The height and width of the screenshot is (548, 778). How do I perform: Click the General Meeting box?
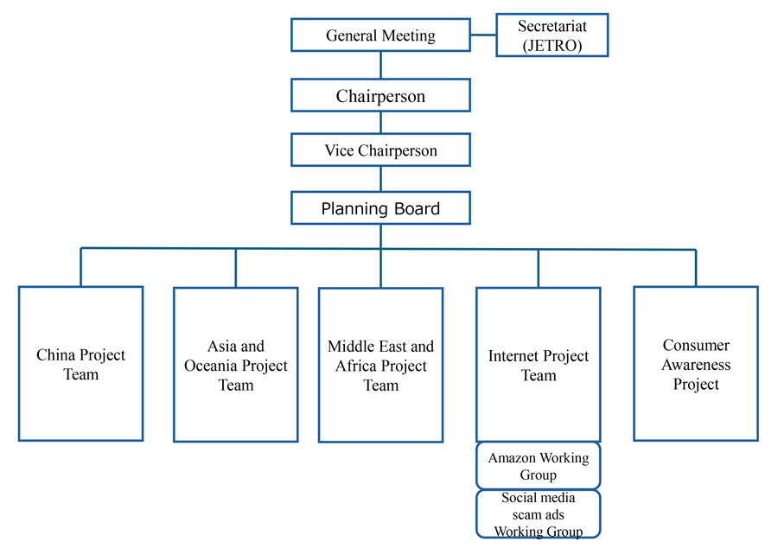pos(380,35)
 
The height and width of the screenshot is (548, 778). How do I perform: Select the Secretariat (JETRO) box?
pos(552,35)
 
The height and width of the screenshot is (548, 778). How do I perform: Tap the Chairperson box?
pos(380,95)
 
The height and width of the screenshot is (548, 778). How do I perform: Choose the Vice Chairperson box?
pos(380,150)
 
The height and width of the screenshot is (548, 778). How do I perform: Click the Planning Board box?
pos(380,208)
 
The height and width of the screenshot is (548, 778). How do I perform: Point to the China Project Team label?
pos(80,365)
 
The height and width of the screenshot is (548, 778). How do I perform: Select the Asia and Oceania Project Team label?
pos(235,366)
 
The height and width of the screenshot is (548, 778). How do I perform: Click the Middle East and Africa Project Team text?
pos(380,366)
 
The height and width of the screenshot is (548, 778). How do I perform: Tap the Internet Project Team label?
pos(538,366)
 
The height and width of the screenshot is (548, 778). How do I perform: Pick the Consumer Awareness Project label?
pos(696,365)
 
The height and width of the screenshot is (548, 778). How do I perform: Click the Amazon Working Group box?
pos(538,467)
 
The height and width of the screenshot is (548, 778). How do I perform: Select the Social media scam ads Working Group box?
pos(538,514)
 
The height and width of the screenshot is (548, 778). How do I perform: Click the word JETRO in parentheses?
pos(552,46)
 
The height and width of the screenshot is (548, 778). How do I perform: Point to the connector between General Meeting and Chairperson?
pos(380,65)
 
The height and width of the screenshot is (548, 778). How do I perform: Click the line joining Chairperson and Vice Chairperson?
pos(380,122)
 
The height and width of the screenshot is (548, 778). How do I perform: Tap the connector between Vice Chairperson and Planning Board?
pos(380,179)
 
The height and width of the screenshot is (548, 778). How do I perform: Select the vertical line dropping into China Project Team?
pos(81,267)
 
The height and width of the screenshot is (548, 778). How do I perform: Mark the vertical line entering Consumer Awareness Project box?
pos(695,268)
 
